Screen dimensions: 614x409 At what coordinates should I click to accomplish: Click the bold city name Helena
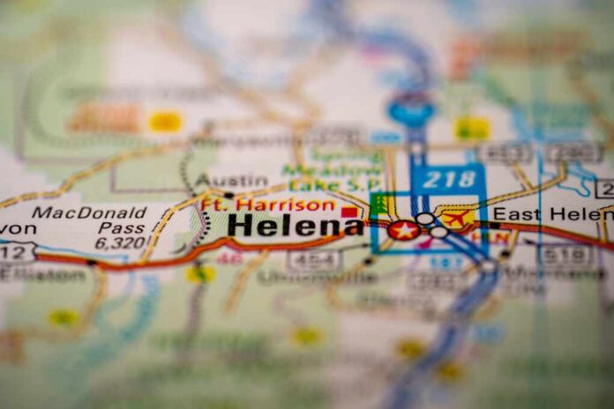click(x=295, y=226)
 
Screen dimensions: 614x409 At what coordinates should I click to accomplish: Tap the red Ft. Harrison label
click(x=267, y=204)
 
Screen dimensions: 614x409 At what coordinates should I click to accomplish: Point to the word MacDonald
click(x=89, y=212)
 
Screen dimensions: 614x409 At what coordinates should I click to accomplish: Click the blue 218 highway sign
click(x=449, y=180)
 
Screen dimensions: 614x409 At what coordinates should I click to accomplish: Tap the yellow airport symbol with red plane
click(x=457, y=218)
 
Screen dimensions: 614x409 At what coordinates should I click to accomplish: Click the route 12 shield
click(x=15, y=252)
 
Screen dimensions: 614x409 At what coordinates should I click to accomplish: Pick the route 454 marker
click(x=314, y=259)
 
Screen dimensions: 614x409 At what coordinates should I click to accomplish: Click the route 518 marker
click(x=565, y=256)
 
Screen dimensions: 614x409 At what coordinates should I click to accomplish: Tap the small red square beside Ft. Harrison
click(x=350, y=212)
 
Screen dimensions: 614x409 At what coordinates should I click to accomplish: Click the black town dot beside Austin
click(x=228, y=195)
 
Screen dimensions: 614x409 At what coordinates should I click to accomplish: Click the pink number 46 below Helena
click(x=230, y=257)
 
